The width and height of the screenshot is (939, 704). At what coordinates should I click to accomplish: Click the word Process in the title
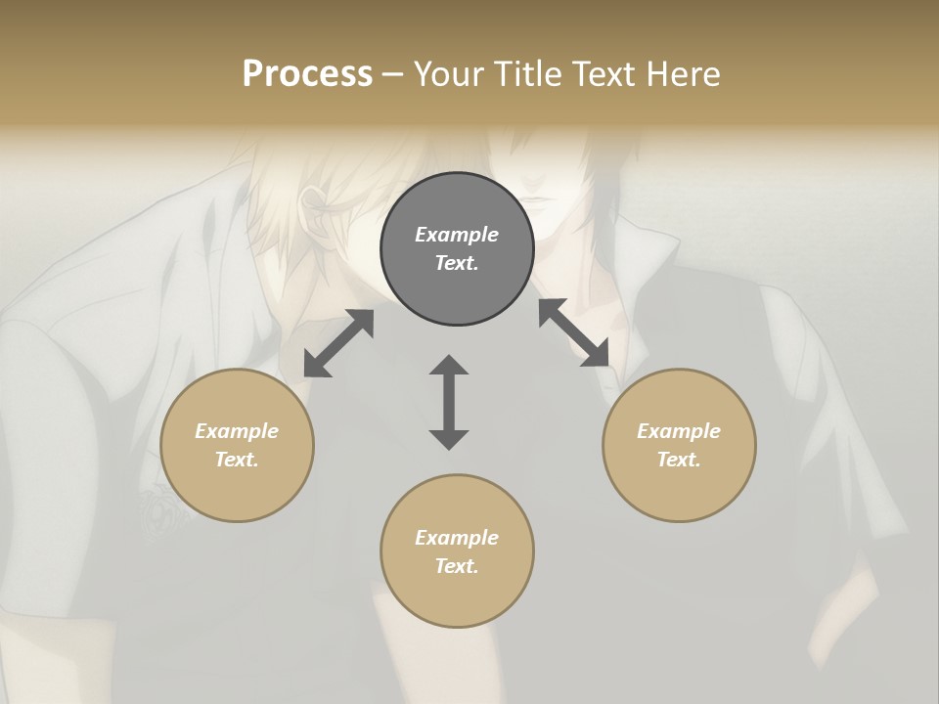click(307, 74)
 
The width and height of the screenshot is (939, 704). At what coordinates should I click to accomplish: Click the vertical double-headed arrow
click(449, 402)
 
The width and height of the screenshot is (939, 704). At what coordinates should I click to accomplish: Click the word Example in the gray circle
click(457, 235)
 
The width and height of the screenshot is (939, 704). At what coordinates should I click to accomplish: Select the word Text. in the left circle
click(237, 460)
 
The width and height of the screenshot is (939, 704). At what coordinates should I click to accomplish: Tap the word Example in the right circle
click(679, 431)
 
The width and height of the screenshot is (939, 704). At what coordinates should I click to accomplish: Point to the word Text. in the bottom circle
click(457, 566)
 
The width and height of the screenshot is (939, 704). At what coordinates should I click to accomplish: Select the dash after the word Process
click(393, 74)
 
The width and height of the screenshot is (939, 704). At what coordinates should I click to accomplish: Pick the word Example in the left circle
click(237, 431)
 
